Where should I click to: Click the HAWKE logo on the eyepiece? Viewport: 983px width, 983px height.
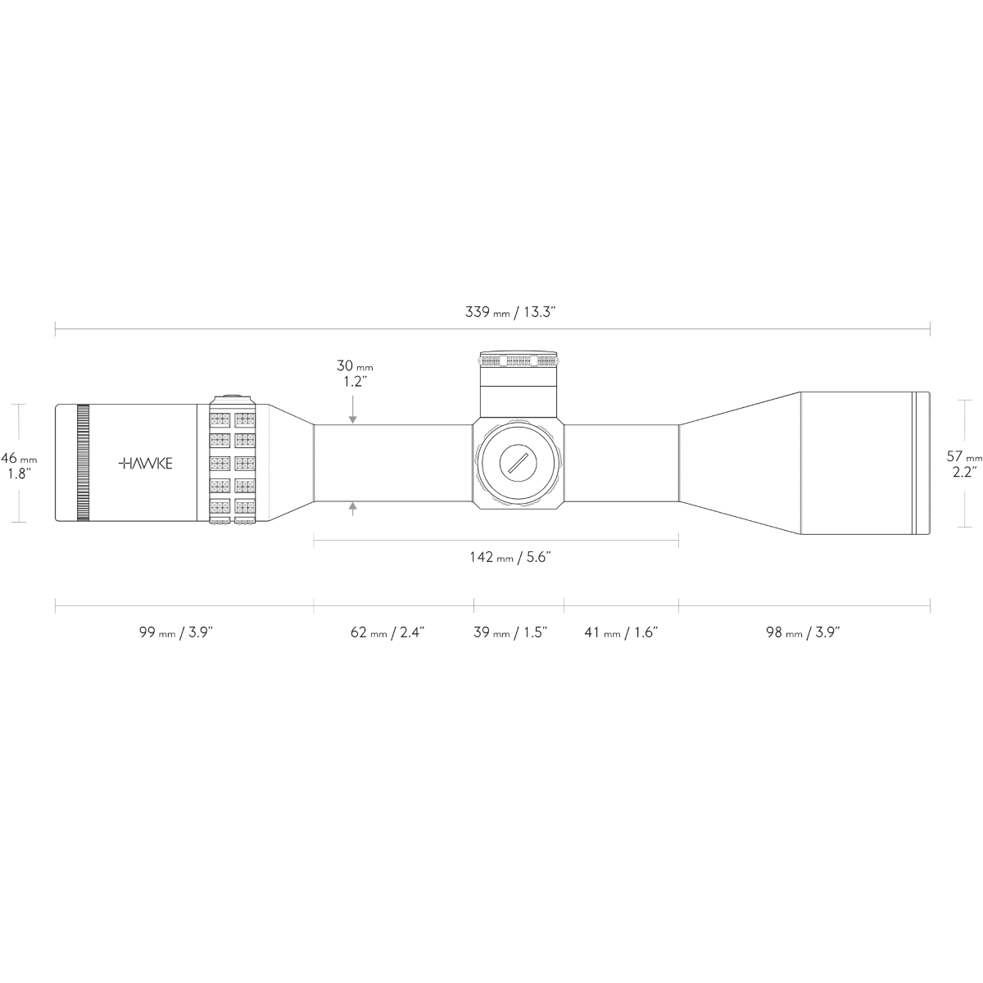pyautogui.click(x=145, y=463)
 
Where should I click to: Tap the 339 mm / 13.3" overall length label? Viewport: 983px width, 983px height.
pyautogui.click(x=510, y=312)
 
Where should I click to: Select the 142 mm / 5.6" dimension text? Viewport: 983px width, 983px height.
pyautogui.click(x=510, y=556)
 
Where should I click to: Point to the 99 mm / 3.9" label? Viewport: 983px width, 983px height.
pyautogui.click(x=175, y=632)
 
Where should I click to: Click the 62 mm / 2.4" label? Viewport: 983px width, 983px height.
pyautogui.click(x=387, y=632)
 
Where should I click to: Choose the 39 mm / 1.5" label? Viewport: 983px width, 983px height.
pyautogui.click(x=510, y=632)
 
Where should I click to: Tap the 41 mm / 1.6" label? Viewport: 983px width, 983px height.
pyautogui.click(x=621, y=632)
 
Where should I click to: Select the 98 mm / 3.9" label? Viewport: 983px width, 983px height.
pyautogui.click(x=803, y=632)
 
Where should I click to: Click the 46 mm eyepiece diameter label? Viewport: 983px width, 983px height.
pyautogui.click(x=19, y=465)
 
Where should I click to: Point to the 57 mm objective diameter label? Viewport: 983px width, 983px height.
pyautogui.click(x=964, y=464)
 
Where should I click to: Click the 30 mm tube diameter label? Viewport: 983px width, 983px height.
pyautogui.click(x=355, y=374)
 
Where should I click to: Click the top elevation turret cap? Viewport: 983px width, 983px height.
pyautogui.click(x=519, y=359)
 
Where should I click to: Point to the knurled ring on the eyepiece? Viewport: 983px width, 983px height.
pyautogui.click(x=84, y=463)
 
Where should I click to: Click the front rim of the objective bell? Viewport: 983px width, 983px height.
pyautogui.click(x=921, y=463)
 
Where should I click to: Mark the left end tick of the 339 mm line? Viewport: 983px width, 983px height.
pyautogui.click(x=55, y=329)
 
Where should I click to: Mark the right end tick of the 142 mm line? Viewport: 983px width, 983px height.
pyautogui.click(x=678, y=541)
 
